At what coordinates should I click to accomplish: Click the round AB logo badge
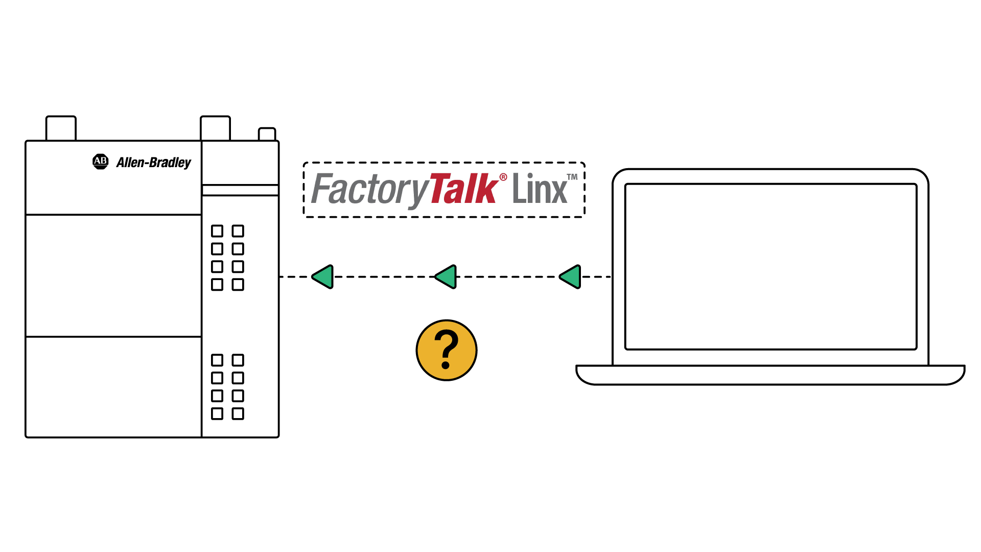pyautogui.click(x=100, y=162)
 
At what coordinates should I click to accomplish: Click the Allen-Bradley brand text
pyautogui.click(x=153, y=163)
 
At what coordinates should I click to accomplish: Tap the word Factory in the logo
pyautogui.click(x=369, y=189)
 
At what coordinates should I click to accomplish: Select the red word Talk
pyautogui.click(x=463, y=189)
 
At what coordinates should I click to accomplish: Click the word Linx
pyautogui.click(x=540, y=189)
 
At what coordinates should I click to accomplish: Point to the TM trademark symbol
pyautogui.click(x=572, y=177)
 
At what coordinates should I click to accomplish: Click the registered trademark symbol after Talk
pyautogui.click(x=503, y=177)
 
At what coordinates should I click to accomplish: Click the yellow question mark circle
pyautogui.click(x=447, y=350)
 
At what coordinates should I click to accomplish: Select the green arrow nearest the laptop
pyautogui.click(x=571, y=277)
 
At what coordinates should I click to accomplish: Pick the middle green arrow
pyautogui.click(x=446, y=277)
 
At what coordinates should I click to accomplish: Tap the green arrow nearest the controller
pyautogui.click(x=323, y=277)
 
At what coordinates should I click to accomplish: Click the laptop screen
pyautogui.click(x=770, y=266)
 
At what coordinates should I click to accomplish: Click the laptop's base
pyautogui.click(x=770, y=375)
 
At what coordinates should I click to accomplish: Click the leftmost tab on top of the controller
pyautogui.click(x=61, y=128)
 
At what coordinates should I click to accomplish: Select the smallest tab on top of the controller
pyautogui.click(x=267, y=134)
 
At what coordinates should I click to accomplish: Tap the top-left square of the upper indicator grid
pyautogui.click(x=217, y=231)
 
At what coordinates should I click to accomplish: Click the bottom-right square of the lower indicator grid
pyautogui.click(x=238, y=413)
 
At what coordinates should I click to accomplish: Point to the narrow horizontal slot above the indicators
pyautogui.click(x=240, y=190)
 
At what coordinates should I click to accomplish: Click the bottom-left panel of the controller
pyautogui.click(x=113, y=386)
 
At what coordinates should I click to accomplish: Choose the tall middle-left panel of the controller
pyautogui.click(x=113, y=275)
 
